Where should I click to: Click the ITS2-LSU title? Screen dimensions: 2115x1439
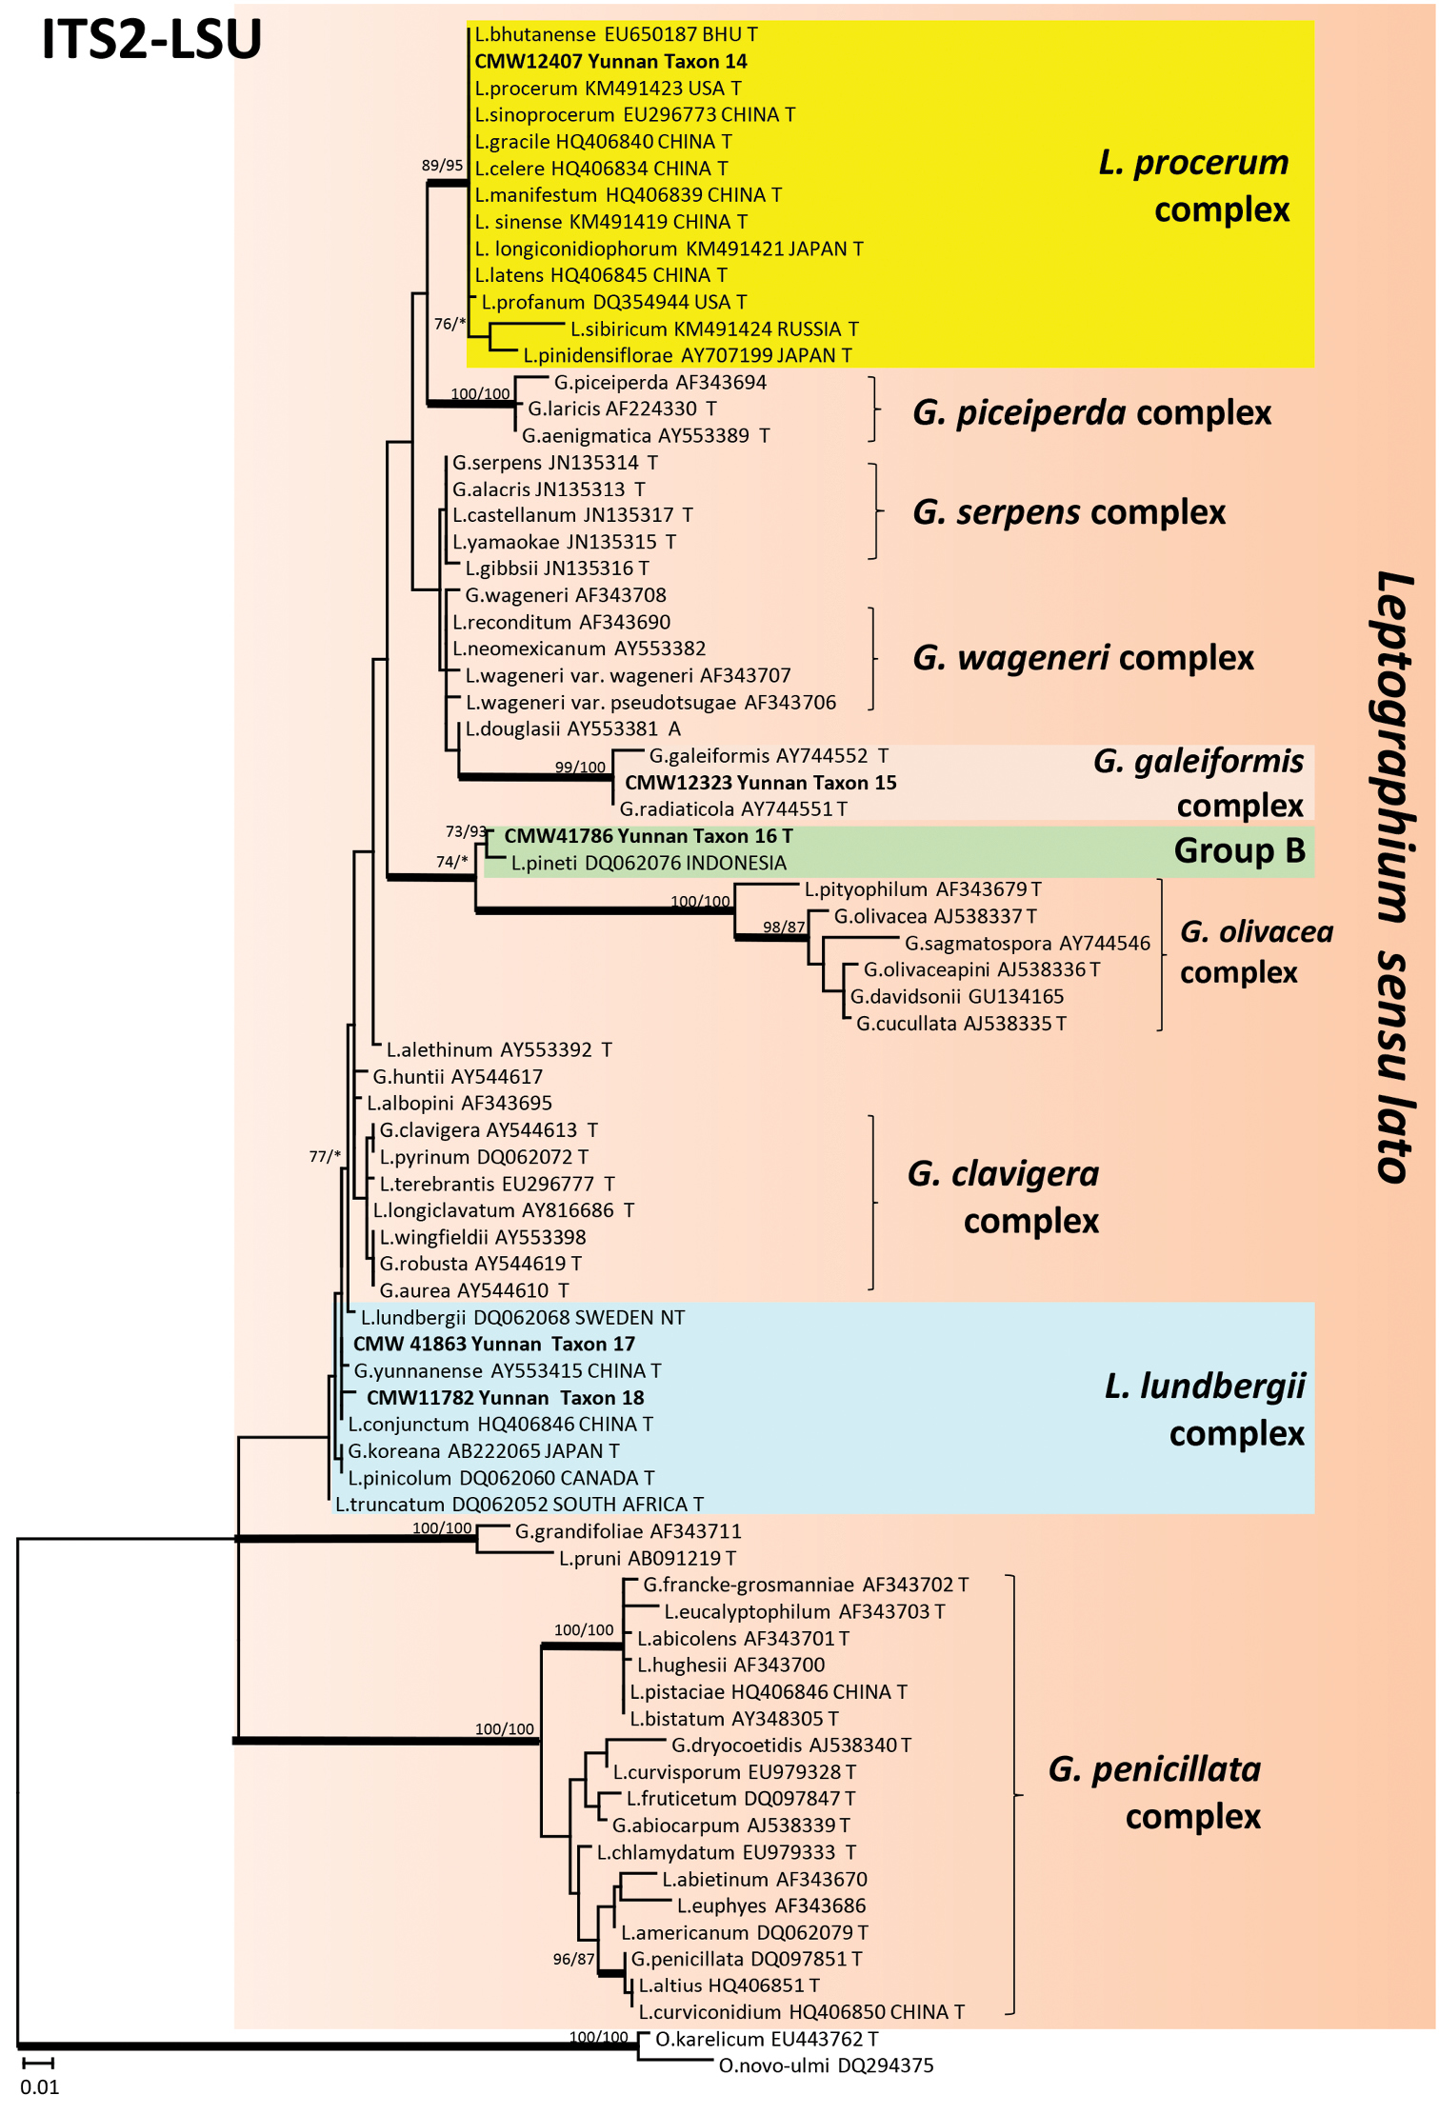(x=151, y=40)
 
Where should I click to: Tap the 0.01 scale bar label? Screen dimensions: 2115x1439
(x=40, y=2086)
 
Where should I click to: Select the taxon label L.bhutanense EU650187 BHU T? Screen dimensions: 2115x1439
(x=616, y=35)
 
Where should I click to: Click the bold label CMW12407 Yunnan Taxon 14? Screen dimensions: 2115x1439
(x=610, y=62)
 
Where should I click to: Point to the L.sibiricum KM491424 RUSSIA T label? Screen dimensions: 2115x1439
(x=714, y=329)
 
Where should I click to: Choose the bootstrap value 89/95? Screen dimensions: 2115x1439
(x=442, y=166)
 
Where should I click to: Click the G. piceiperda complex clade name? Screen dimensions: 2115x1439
(x=1091, y=412)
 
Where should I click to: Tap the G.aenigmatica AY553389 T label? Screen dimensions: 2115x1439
(x=646, y=436)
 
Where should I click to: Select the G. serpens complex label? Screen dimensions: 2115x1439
(x=1069, y=512)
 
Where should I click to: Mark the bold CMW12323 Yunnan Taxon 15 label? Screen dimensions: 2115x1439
(x=760, y=783)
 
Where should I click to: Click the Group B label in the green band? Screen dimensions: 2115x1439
(x=1239, y=850)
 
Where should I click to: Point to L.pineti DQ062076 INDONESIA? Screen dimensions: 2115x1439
(x=649, y=864)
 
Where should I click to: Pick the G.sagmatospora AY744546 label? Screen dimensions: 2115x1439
(x=1027, y=944)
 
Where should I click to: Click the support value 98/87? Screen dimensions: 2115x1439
(x=784, y=928)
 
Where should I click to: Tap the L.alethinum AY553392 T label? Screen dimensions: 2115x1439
(x=498, y=1050)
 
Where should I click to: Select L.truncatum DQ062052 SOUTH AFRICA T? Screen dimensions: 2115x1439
(x=519, y=1505)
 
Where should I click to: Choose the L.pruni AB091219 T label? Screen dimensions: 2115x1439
(x=647, y=1559)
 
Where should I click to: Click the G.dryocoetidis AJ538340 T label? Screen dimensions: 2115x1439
(x=790, y=1746)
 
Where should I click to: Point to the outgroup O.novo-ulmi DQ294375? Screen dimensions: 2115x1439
(x=826, y=2065)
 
